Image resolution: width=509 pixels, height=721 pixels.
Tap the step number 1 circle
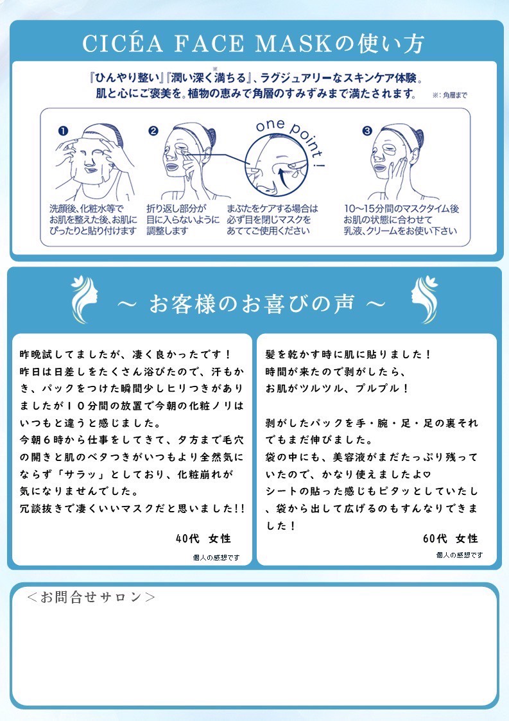point(63,131)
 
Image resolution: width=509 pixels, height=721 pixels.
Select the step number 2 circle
point(153,131)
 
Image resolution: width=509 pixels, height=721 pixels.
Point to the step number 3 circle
point(367,131)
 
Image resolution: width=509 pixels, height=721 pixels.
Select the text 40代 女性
point(203,538)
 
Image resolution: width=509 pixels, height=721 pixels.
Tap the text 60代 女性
point(450,538)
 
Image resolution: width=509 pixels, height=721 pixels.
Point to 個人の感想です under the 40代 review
point(216,557)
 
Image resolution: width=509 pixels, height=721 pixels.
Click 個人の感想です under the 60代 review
point(459,555)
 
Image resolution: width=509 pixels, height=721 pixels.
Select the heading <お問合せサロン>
point(91,597)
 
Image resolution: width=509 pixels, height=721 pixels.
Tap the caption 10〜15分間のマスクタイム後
point(401,209)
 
